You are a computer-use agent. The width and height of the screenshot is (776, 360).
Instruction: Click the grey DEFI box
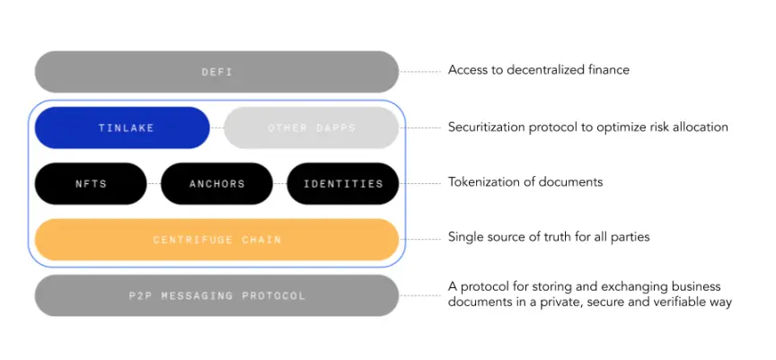tap(216, 72)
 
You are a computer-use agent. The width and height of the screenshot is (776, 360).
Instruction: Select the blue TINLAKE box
tap(123, 127)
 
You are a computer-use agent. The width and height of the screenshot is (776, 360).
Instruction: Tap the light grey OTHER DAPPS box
tap(311, 127)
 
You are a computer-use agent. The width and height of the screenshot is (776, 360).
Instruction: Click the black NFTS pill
tap(91, 184)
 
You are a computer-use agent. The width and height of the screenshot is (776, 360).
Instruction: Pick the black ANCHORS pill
tap(216, 184)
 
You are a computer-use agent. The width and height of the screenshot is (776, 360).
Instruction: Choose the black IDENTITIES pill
tap(342, 184)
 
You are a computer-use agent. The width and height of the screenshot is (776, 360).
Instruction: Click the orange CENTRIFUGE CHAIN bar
tap(216, 240)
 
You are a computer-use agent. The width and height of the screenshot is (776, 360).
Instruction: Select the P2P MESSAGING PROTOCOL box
tap(216, 295)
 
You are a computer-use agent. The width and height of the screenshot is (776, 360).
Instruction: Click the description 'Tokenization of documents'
tap(525, 182)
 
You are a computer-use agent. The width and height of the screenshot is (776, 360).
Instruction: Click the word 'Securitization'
tap(486, 127)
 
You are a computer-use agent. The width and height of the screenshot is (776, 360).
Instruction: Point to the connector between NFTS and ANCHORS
tap(154, 184)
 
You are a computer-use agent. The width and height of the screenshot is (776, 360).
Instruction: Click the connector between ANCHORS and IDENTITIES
tap(279, 184)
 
